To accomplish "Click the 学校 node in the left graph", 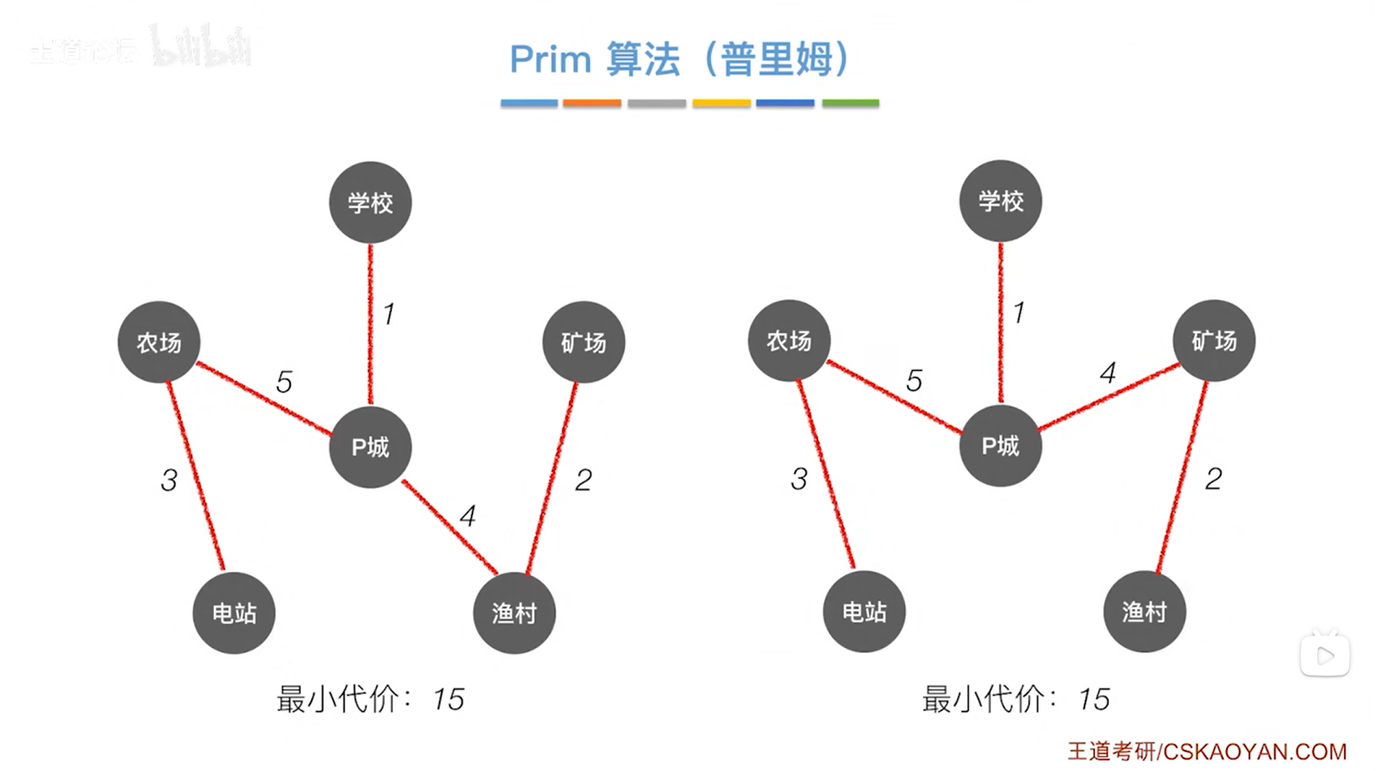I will click(x=370, y=202).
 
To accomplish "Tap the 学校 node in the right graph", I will click(x=1000, y=201).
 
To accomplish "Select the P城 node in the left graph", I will click(x=370, y=447).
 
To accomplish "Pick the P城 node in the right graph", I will click(x=1000, y=445).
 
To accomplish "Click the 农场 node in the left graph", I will click(x=158, y=342).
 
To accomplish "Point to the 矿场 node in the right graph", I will click(x=1214, y=340).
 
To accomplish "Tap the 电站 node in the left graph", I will click(x=234, y=612).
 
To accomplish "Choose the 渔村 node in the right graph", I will click(x=1144, y=611).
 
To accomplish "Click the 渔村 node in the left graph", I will click(x=514, y=612).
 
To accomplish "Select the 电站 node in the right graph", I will click(x=864, y=611).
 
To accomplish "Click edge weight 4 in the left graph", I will click(x=468, y=516).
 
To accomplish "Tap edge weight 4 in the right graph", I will click(x=1107, y=373).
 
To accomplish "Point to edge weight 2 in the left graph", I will click(x=583, y=480).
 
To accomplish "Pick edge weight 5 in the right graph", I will click(x=914, y=381).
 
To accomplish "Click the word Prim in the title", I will click(x=550, y=59).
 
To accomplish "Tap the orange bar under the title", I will click(x=592, y=104).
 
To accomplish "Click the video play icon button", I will click(x=1324, y=656).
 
